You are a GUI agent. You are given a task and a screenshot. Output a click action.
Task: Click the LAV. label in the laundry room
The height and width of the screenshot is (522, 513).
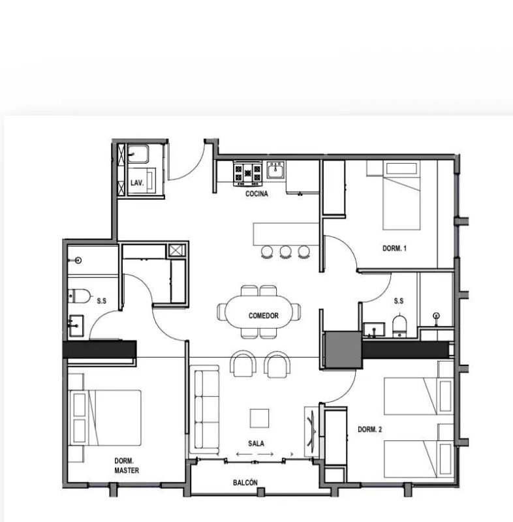136,183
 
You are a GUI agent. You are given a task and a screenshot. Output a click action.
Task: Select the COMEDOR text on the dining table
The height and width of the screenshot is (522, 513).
263,316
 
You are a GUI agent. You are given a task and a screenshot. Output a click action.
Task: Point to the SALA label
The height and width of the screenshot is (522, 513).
256,443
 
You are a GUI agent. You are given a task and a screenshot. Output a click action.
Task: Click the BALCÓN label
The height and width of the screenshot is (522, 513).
245,484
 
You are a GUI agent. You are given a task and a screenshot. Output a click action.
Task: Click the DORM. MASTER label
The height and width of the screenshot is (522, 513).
126,465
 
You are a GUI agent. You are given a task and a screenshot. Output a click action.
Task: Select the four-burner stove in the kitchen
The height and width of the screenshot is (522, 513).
248,172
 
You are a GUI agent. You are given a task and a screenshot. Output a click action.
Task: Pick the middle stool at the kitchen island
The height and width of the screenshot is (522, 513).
285,251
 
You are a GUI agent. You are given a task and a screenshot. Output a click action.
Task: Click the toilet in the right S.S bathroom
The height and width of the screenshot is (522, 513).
399,325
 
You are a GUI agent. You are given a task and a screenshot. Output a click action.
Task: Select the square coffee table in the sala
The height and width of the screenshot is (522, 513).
259,418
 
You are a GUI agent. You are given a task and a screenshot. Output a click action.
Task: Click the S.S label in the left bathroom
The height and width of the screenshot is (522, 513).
102,301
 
